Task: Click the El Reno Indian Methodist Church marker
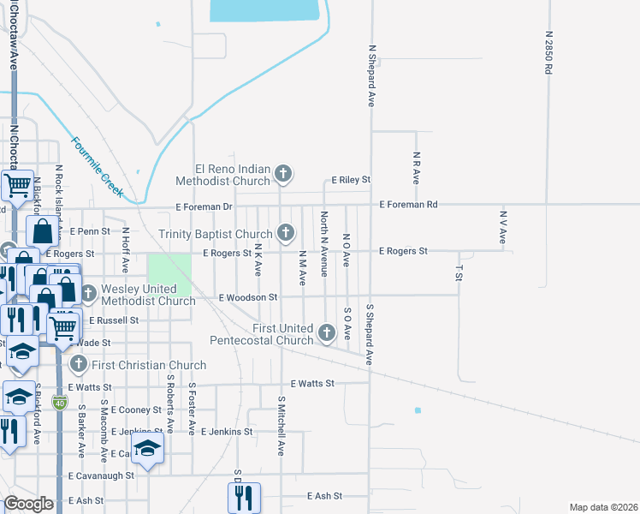pos(284,176)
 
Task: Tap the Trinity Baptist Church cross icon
pos(286,232)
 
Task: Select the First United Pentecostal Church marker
pos(325,332)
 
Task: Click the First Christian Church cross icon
pos(78,365)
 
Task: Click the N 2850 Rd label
pos(548,53)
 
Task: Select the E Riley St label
pos(350,180)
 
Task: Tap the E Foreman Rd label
pos(409,205)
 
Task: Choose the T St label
pos(459,272)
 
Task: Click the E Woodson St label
pos(249,297)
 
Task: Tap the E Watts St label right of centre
pos(311,384)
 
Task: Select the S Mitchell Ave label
pos(280,425)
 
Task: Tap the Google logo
pos(28,504)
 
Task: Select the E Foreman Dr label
pos(204,206)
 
